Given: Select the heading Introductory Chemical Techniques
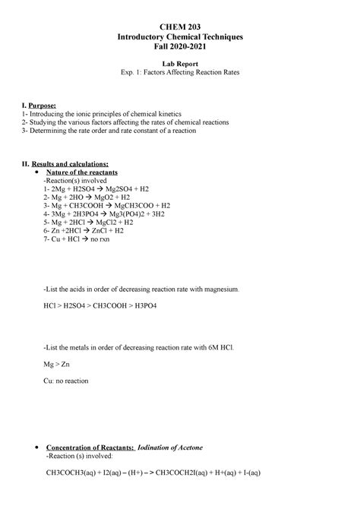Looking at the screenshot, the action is pos(179,36).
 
